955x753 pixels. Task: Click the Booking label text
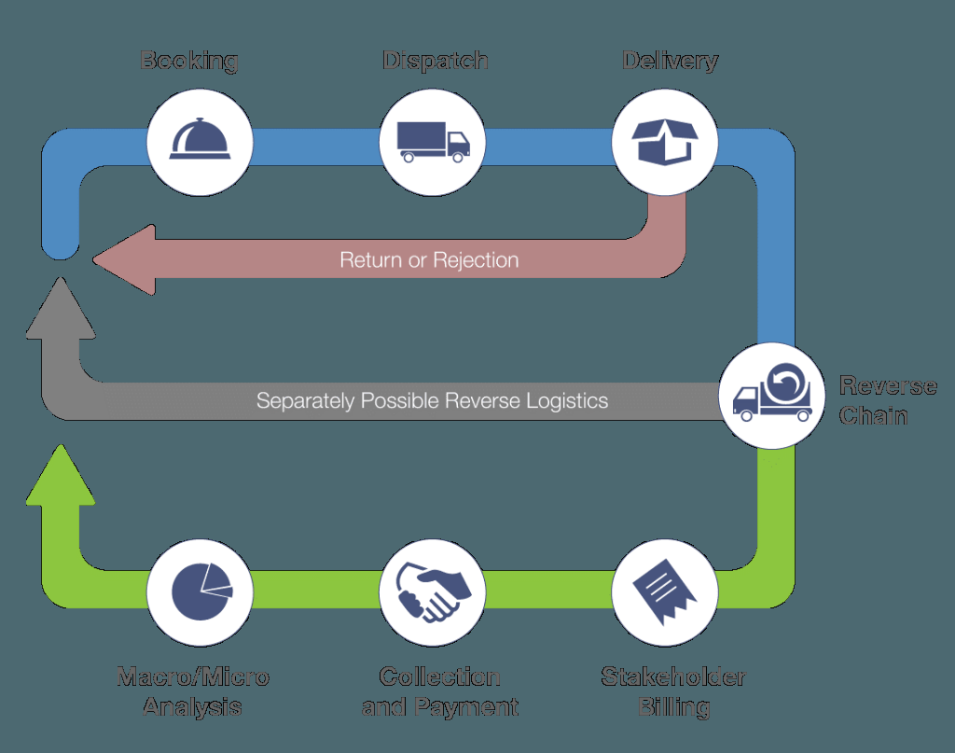pyautogui.click(x=189, y=62)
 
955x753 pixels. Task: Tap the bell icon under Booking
pyautogui.click(x=199, y=142)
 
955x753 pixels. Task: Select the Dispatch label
pyautogui.click(x=435, y=62)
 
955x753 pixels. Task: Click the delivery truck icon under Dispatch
pyautogui.click(x=433, y=142)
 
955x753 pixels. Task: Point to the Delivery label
pyautogui.click(x=670, y=62)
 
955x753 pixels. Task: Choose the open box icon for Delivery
pyautogui.click(x=664, y=142)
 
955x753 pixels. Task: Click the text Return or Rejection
pyautogui.click(x=429, y=259)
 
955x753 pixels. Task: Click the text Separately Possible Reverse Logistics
pyautogui.click(x=432, y=401)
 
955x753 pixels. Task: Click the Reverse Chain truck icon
pyautogui.click(x=770, y=394)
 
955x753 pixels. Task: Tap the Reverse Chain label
pyautogui.click(x=886, y=400)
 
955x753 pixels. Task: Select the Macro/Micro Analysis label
pyautogui.click(x=193, y=691)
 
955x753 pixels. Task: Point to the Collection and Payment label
pyautogui.click(x=439, y=691)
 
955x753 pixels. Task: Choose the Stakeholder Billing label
pyautogui.click(x=673, y=691)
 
